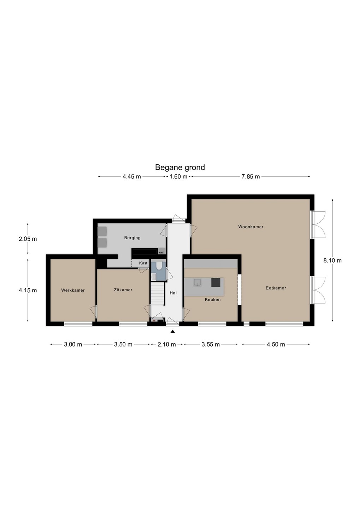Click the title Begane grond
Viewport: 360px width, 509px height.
(180, 168)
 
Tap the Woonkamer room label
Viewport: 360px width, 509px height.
(251, 227)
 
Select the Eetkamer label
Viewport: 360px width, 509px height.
(276, 288)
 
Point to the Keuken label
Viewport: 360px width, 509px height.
(213, 299)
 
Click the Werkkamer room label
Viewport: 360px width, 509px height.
(73, 290)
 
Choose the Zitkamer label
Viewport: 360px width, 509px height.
(123, 290)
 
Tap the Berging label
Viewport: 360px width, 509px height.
(132, 238)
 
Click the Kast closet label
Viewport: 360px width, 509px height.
(143, 263)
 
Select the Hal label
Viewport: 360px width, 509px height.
(173, 293)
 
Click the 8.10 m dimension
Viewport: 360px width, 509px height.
(332, 261)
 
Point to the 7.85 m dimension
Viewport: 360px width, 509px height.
(250, 177)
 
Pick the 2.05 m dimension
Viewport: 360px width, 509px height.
(28, 239)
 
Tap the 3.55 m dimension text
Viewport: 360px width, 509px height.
(211, 345)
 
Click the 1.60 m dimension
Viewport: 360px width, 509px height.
(178, 177)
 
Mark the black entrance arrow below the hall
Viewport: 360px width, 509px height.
(173, 332)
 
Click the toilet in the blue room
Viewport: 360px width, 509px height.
(159, 266)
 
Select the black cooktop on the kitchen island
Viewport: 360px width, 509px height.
(216, 282)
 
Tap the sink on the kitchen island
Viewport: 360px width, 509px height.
(197, 282)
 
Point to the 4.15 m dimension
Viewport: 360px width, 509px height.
(28, 291)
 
